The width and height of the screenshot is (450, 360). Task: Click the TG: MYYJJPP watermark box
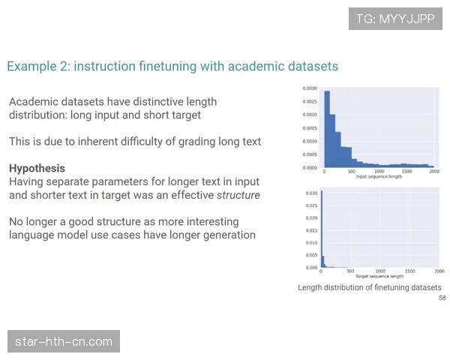pos(395,19)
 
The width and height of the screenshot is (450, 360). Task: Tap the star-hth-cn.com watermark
pos(64,341)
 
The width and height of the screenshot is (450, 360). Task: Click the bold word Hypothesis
pos(37,168)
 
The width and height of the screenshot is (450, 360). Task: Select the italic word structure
pos(238,195)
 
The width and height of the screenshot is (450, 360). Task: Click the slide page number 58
pos(442,298)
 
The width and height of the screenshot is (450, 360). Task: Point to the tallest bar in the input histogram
pos(327,129)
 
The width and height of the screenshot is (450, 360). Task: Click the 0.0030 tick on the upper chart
pos(310,88)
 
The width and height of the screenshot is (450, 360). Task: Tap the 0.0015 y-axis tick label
pos(310,128)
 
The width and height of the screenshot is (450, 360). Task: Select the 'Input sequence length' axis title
pos(379,176)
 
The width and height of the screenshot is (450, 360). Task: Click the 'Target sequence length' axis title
pos(379,276)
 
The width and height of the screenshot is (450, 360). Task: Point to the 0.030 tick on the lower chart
pos(311,193)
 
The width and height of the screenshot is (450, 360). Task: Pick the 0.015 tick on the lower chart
pos(311,230)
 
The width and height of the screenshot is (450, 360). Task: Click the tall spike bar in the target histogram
pos(322,229)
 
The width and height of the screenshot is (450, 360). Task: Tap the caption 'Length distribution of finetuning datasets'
pos(370,287)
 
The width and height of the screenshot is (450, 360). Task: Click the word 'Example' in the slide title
pos(31,66)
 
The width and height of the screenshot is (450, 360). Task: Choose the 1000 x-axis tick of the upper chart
pos(379,171)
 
